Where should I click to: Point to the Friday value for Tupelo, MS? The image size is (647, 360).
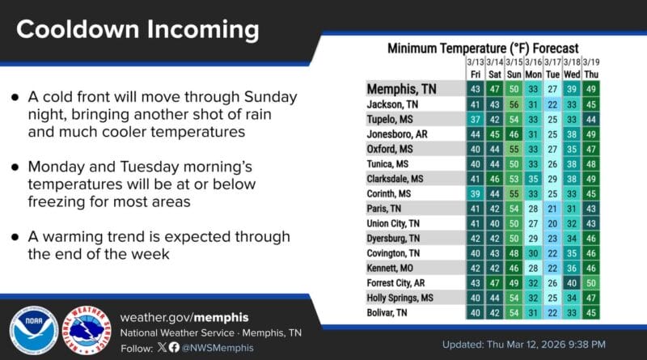click(x=476, y=119)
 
